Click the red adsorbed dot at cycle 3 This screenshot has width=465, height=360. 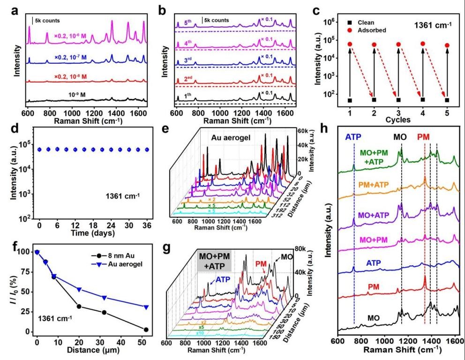pos(398,45)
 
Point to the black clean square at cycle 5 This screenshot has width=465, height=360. pos(447,100)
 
